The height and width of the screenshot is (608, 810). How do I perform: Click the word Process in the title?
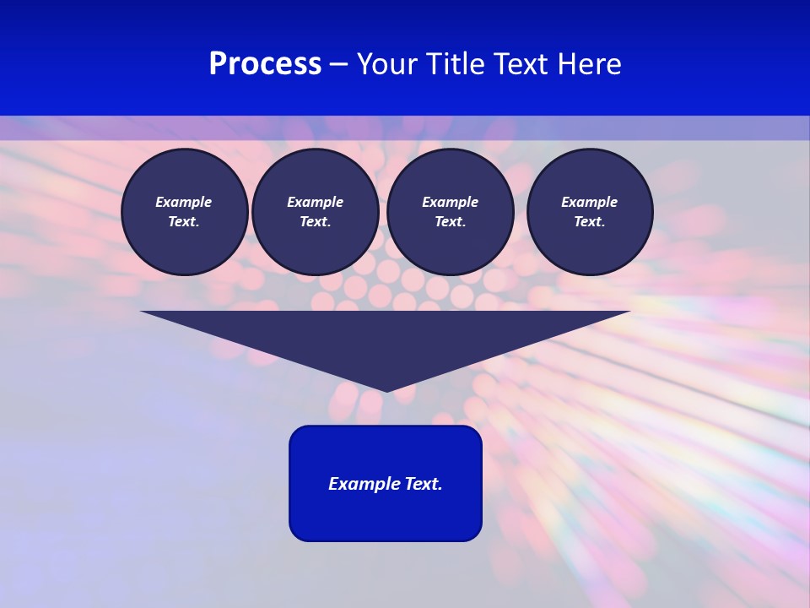click(x=265, y=64)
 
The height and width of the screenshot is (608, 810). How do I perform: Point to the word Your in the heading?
click(x=389, y=64)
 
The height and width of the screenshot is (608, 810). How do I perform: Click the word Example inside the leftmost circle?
click(x=184, y=202)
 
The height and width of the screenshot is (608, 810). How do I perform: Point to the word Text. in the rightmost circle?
click(x=590, y=222)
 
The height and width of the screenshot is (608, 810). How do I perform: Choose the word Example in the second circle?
click(x=316, y=202)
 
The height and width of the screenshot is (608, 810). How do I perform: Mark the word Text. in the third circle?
click(x=451, y=222)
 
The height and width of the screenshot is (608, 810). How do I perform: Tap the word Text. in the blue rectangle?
click(x=424, y=484)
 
